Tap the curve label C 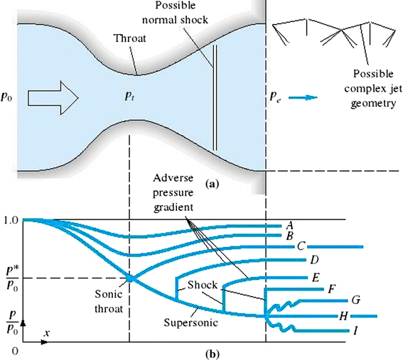click(301, 246)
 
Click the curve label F click(331, 290)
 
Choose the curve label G click(355, 301)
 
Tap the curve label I click(353, 330)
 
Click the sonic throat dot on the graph click(129, 278)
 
